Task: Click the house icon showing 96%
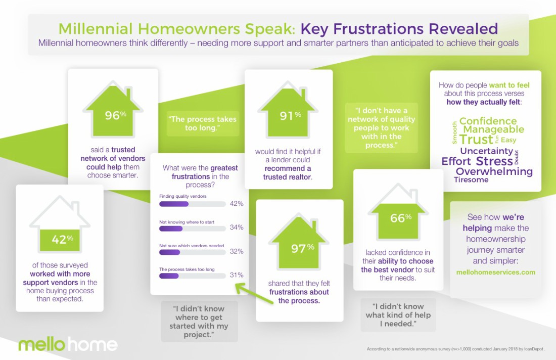tap(113, 110)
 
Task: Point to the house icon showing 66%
tap(398, 212)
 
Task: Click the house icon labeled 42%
tap(60, 224)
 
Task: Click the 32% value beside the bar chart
tap(237, 251)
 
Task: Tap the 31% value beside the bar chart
tap(237, 275)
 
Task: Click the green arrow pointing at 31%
tap(254, 293)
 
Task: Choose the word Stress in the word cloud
tap(494, 161)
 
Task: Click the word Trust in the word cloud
tap(476, 140)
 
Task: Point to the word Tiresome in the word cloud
tap(471, 180)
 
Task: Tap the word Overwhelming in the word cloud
tap(494, 172)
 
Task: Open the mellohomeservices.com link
tap(496, 273)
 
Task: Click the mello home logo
tap(68, 344)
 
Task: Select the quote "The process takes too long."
tap(203, 123)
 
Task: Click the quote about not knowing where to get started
tap(199, 322)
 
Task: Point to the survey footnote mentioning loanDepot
tap(456, 349)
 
